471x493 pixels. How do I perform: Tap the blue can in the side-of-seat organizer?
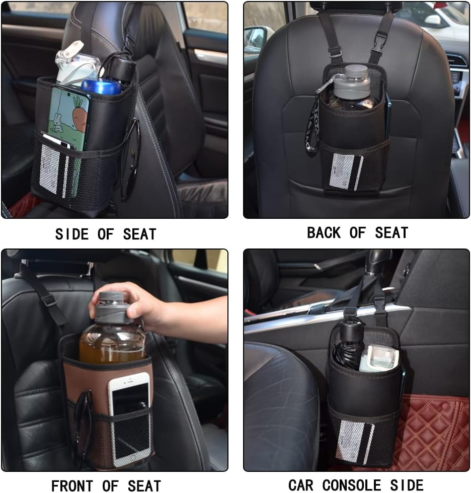101,86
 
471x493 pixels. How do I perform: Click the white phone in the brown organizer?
129,418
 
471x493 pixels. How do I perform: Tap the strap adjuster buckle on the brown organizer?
48,300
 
